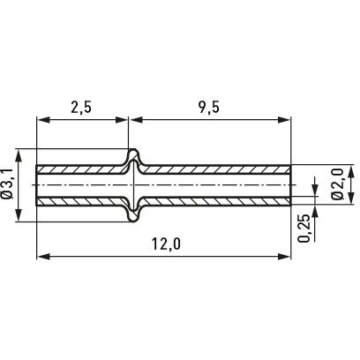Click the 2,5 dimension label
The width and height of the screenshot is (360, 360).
click(x=81, y=108)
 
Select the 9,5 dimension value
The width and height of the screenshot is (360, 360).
click(x=209, y=108)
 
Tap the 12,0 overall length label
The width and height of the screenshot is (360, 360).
click(x=166, y=244)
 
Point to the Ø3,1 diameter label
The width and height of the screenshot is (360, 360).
click(x=9, y=184)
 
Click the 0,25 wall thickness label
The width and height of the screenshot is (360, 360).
click(x=304, y=229)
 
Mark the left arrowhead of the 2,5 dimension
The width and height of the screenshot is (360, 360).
click(x=42, y=120)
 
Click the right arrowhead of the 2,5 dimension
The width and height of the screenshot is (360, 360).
click(x=122, y=120)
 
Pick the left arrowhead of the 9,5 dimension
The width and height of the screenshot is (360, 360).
click(x=136, y=120)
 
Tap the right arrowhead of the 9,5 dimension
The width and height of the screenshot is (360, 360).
click(x=284, y=120)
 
